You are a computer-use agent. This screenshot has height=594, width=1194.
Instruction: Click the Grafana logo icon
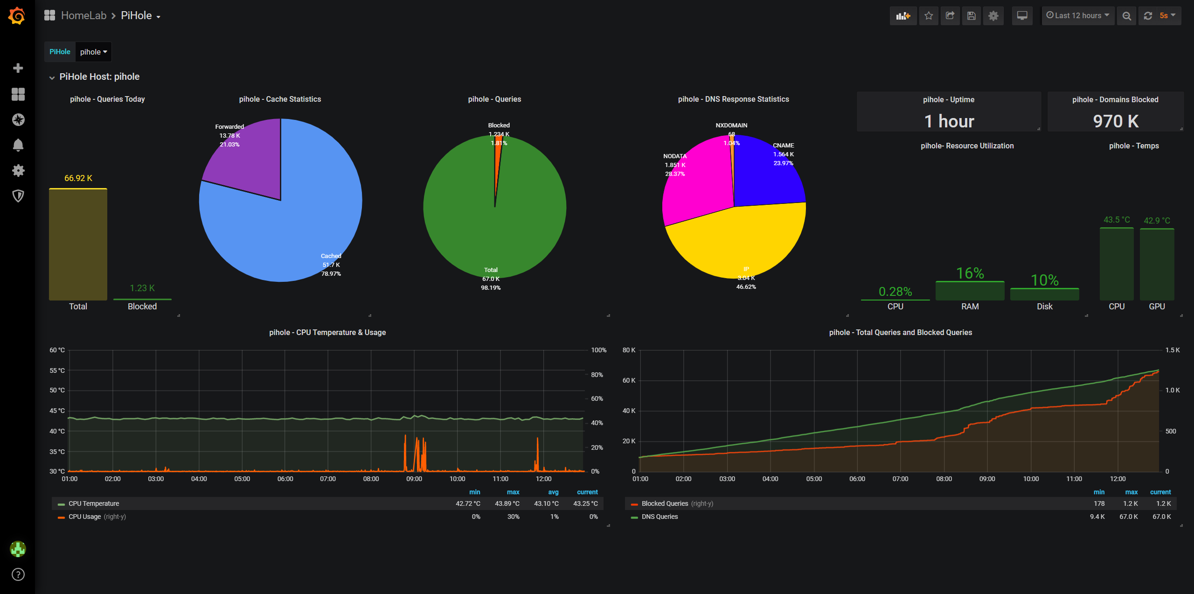(x=17, y=16)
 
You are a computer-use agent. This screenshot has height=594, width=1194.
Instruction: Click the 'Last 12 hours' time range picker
(x=1078, y=16)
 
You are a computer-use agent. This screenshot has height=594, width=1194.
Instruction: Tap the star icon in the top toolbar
(x=929, y=16)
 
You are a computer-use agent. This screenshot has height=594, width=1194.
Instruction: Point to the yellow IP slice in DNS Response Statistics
(x=737, y=243)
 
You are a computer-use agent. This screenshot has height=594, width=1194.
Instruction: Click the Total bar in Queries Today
(x=78, y=245)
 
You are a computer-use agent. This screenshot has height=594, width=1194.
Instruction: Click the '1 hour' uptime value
(x=949, y=121)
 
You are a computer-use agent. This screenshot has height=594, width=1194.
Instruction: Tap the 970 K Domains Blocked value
(x=1116, y=121)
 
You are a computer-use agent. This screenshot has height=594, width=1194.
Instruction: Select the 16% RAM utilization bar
(x=970, y=291)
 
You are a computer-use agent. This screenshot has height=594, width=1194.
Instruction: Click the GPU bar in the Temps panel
(x=1157, y=264)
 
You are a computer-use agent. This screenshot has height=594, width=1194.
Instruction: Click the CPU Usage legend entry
(x=84, y=517)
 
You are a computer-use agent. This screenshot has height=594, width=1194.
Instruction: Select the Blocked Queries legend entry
(x=665, y=503)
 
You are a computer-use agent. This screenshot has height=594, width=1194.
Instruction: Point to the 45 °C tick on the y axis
(x=57, y=411)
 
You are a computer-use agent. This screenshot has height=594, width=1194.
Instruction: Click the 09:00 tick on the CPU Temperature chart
(x=414, y=479)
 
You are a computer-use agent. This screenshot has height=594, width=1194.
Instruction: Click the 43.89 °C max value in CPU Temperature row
(x=507, y=503)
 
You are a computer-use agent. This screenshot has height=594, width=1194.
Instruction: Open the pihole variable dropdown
(x=93, y=52)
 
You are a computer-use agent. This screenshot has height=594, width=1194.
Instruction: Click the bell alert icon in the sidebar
(x=18, y=145)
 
